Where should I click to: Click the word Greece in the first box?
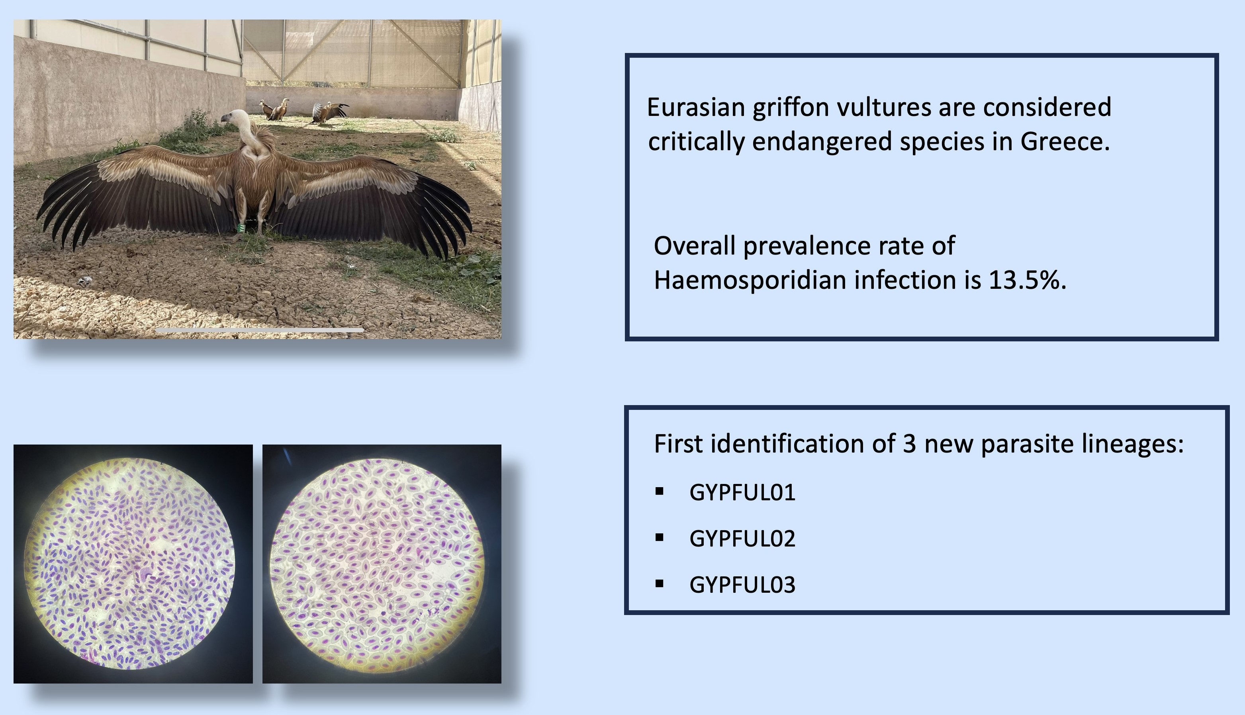(1064, 141)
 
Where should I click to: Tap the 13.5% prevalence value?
(1027, 280)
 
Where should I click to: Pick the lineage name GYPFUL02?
(742, 539)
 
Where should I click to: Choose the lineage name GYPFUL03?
(742, 585)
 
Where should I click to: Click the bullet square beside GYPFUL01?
(659, 491)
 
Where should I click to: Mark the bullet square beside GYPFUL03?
(659, 584)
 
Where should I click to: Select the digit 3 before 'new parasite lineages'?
(909, 444)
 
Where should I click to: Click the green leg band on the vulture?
(241, 228)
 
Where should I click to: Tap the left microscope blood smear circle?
(129, 563)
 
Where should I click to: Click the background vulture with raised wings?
(329, 112)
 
